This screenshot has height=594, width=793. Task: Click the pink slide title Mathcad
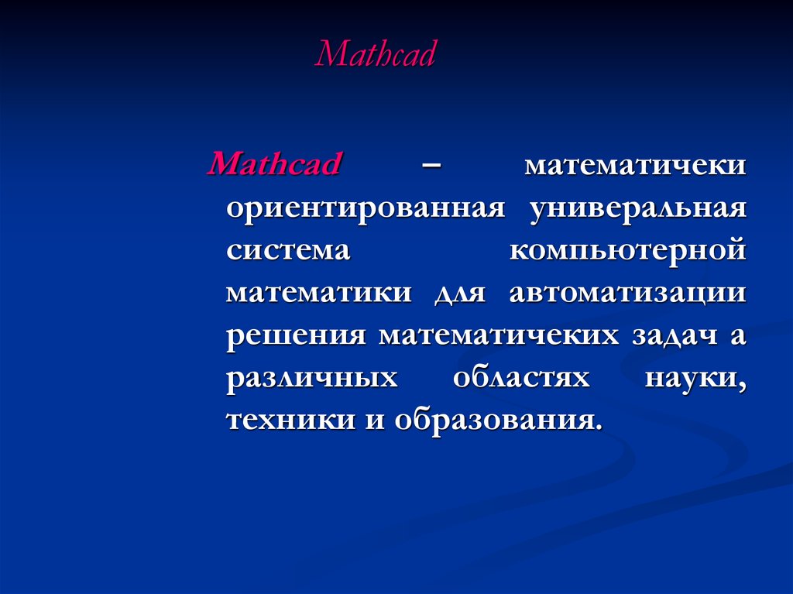[375, 53]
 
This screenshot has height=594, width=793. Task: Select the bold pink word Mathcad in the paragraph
[275, 163]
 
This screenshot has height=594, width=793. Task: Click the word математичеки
[635, 165]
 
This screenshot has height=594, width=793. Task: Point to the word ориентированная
[366, 209]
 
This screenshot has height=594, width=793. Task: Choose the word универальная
[638, 209]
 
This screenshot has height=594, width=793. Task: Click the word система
[288, 250]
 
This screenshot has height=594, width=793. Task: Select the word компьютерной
[628, 250]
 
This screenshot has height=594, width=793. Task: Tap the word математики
[319, 293]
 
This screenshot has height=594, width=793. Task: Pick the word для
[460, 294]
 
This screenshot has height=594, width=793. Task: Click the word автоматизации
[628, 294]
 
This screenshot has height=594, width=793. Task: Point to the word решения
[296, 336]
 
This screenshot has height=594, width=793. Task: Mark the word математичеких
[499, 335]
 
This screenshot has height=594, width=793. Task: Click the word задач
[675, 336]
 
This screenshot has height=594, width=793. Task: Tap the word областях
[521, 377]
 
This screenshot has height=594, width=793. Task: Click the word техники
[291, 420]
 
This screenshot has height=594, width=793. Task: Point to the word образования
[499, 420]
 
